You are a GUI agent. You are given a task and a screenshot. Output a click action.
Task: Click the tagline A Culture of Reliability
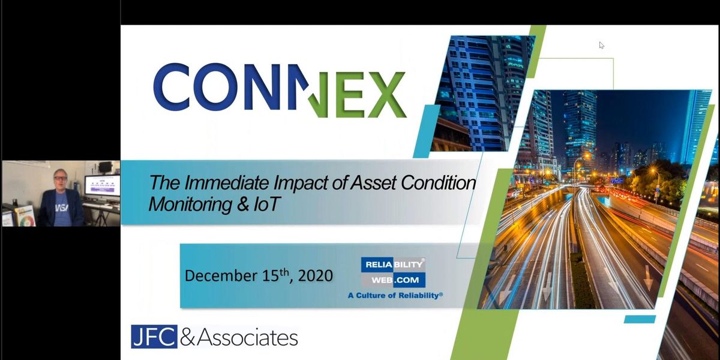click(x=395, y=295)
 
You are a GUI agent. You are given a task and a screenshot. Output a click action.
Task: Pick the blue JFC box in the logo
click(x=154, y=337)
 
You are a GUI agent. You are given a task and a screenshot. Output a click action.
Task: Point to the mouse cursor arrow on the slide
click(x=601, y=45)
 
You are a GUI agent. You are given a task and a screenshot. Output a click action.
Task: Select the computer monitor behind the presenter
click(x=101, y=185)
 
